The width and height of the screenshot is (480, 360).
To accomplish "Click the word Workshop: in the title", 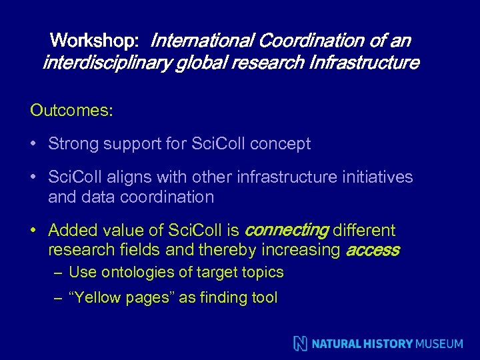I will tap(94, 41).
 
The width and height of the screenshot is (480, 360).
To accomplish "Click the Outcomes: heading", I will tap(71, 111).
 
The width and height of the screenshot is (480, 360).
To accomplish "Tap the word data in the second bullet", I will tap(93, 197).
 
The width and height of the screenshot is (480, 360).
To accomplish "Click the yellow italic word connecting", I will tap(286, 231).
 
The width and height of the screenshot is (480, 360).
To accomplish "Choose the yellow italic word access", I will tap(372, 251).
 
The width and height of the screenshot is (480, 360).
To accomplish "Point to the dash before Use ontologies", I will tap(59, 273).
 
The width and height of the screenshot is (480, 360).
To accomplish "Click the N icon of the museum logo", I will tap(301, 343).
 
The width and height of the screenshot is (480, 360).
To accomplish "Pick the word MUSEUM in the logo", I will tap(439, 344).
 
